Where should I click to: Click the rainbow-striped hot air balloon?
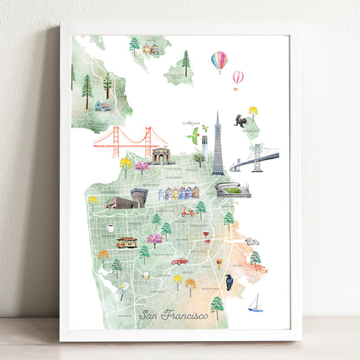point(219,61)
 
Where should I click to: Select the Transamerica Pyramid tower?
point(217,145)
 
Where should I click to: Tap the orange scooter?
point(188,211)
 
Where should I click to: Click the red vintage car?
point(179,260)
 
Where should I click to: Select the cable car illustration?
point(126,242)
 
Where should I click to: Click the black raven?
point(230,282)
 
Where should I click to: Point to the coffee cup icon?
point(110,228)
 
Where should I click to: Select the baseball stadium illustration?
point(233,190)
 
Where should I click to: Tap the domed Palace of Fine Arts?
point(161,156)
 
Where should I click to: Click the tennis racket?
point(124,290)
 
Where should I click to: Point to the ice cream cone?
point(219,263)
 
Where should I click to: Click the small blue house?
point(103,105)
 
